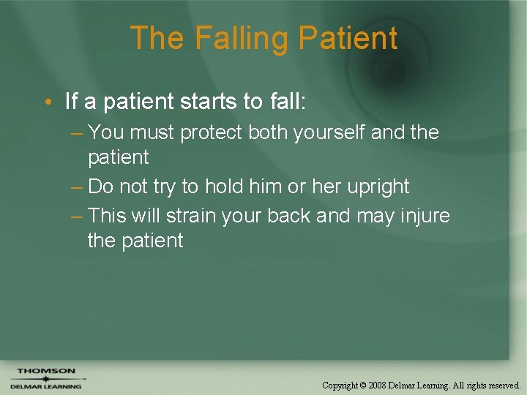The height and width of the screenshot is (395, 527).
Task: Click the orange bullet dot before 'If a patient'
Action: [x=47, y=102]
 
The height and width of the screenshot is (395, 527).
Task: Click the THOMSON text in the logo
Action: [x=45, y=371]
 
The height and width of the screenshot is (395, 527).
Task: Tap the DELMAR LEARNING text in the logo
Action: [x=45, y=385]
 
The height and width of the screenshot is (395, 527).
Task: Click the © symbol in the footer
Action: [x=364, y=385]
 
